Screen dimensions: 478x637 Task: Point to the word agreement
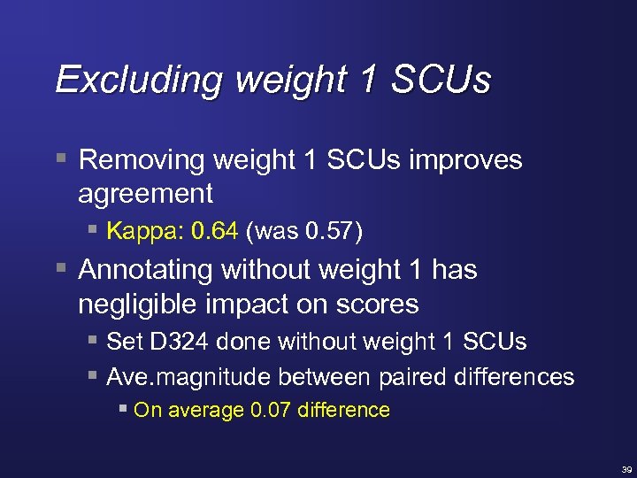click(145, 193)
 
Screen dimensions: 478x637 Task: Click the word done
click(228, 342)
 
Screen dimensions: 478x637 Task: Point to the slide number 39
click(626, 469)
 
